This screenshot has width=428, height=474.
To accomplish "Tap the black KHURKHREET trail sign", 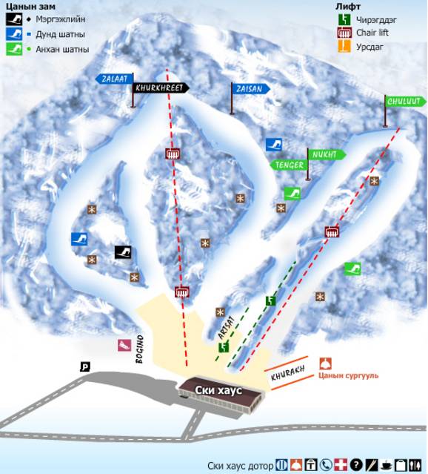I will pyautogui.click(x=160, y=88).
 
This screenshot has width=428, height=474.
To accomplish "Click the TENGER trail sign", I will pyautogui.click(x=288, y=165).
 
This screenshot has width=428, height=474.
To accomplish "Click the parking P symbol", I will pyautogui.click(x=85, y=366).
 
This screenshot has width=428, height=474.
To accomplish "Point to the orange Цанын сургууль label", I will pyautogui.click(x=347, y=376).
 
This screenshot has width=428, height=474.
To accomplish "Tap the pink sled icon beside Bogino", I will pyautogui.click(x=124, y=345).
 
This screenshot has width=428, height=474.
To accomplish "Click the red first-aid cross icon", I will pyautogui.click(x=341, y=465).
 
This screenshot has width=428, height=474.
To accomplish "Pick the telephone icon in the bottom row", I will pyautogui.click(x=327, y=465).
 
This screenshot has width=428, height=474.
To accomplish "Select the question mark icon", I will pyautogui.click(x=356, y=465).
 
